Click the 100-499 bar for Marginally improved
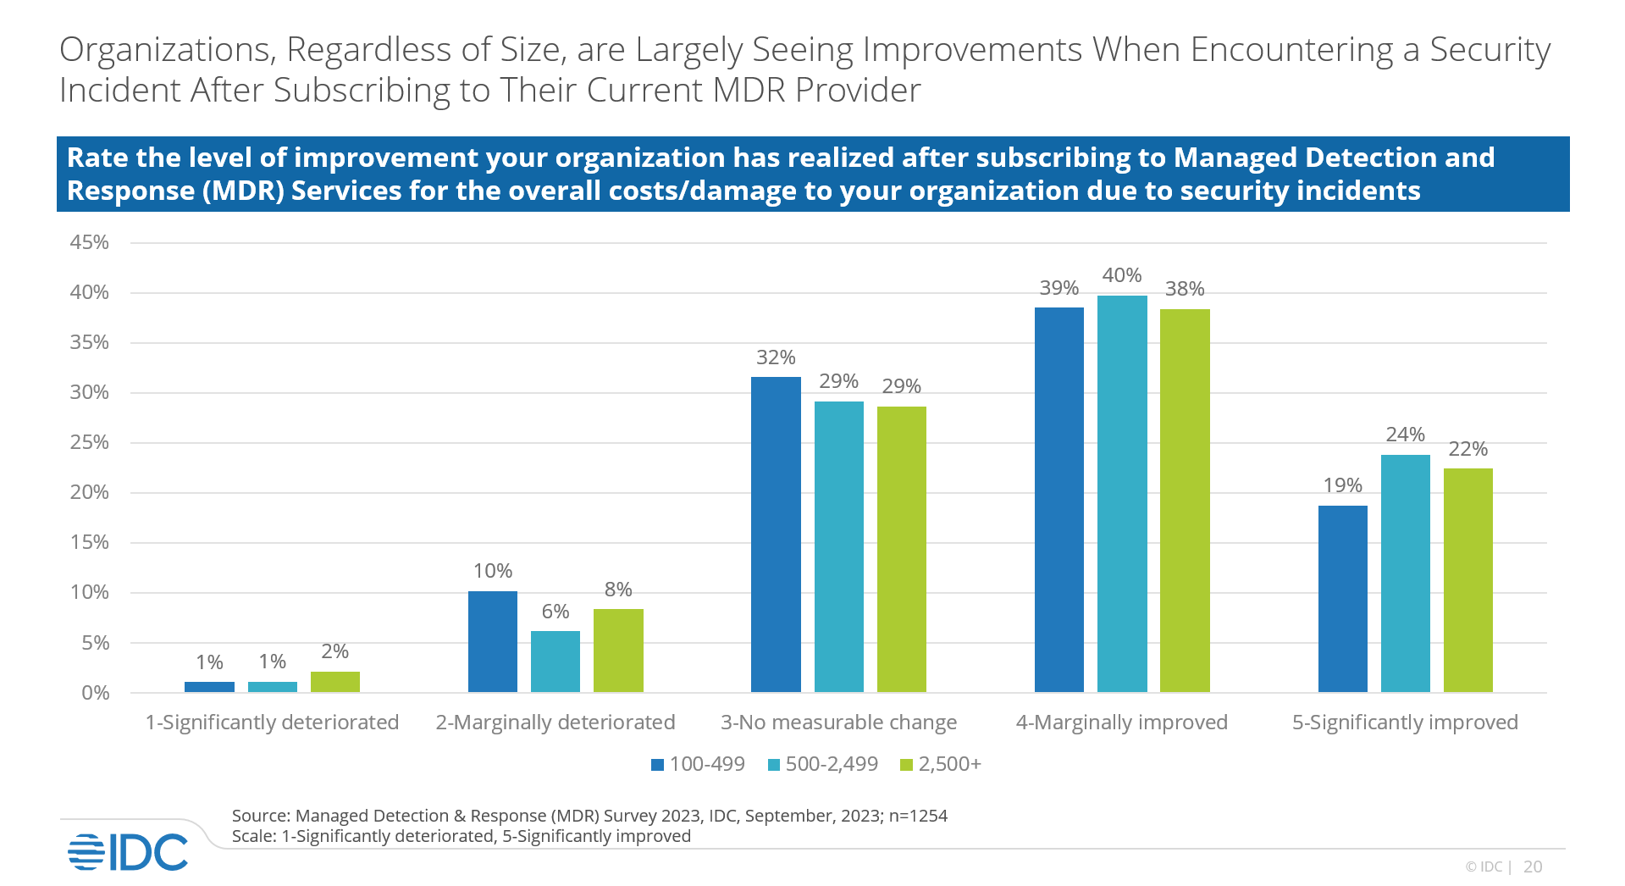1058,500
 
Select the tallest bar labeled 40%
1122,494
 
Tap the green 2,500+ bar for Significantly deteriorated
335,682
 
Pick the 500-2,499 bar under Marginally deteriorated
555,662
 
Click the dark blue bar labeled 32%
776,534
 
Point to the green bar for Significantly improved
1467,580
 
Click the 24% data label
1405,435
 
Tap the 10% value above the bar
493,571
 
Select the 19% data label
1342,485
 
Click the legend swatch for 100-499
657,765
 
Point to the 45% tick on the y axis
89,243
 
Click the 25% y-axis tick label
89,443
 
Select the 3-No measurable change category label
838,723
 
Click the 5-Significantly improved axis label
1405,723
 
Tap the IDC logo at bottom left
128,851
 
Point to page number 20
1532,867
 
